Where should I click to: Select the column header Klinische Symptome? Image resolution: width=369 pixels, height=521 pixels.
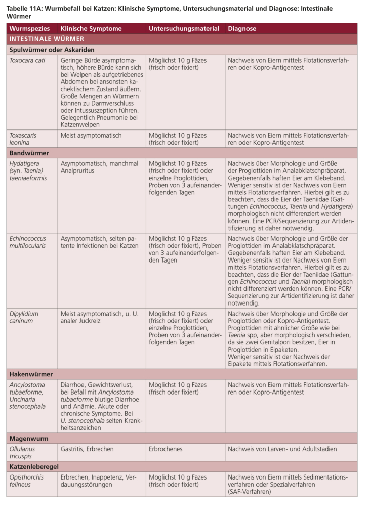click(91, 29)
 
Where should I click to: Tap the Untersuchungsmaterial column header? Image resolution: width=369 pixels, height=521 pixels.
click(184, 29)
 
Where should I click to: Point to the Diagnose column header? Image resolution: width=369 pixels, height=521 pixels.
click(242, 29)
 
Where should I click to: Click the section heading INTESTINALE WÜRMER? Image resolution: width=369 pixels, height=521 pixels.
click(47, 39)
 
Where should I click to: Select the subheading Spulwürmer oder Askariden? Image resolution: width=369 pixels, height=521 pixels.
click(52, 50)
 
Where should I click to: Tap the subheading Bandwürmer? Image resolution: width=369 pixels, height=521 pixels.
click(29, 152)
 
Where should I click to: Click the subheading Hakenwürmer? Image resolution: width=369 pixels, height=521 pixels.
click(31, 374)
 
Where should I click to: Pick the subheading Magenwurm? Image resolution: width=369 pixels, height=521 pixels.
click(28, 438)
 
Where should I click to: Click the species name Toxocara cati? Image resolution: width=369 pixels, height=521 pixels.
click(27, 60)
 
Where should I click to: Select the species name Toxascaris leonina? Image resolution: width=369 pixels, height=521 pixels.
click(23, 139)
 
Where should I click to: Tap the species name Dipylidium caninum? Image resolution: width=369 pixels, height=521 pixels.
click(24, 317)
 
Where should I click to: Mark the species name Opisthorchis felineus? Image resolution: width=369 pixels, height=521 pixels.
click(26, 481)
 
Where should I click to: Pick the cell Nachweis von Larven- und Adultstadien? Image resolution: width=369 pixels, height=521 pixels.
click(282, 449)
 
